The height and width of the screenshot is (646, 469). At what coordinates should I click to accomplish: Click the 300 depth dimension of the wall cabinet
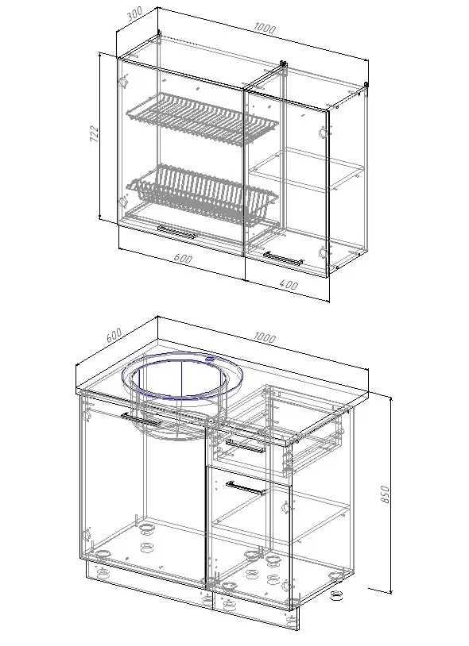pos(135,14)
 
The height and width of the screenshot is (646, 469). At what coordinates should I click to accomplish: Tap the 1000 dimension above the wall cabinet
pos(265,28)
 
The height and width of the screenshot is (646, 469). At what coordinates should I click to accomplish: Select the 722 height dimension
pos(94,133)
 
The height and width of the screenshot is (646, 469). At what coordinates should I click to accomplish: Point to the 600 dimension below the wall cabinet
pos(183,259)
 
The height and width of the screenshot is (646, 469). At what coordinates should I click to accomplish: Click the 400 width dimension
pos(289,284)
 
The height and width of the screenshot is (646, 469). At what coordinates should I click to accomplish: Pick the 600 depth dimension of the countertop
pos(114,335)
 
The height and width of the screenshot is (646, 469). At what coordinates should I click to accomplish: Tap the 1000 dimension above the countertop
pos(265,337)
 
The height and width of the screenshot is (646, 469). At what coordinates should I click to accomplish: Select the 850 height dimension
pos(385,494)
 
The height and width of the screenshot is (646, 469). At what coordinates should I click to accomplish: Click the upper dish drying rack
pos(202,120)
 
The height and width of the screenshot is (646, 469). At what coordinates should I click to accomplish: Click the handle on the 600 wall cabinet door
pos(176,233)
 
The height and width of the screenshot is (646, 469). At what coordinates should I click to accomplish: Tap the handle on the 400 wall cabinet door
pos(283,258)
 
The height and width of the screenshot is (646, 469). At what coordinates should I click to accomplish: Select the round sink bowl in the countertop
pos(182,379)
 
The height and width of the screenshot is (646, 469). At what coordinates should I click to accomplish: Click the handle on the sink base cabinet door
pos(141,420)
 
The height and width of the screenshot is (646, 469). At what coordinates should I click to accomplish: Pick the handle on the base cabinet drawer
pos(246,446)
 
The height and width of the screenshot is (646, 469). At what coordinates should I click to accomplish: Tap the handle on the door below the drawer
pos(246,487)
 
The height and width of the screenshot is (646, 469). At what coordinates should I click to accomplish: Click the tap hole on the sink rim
pos(211,360)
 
